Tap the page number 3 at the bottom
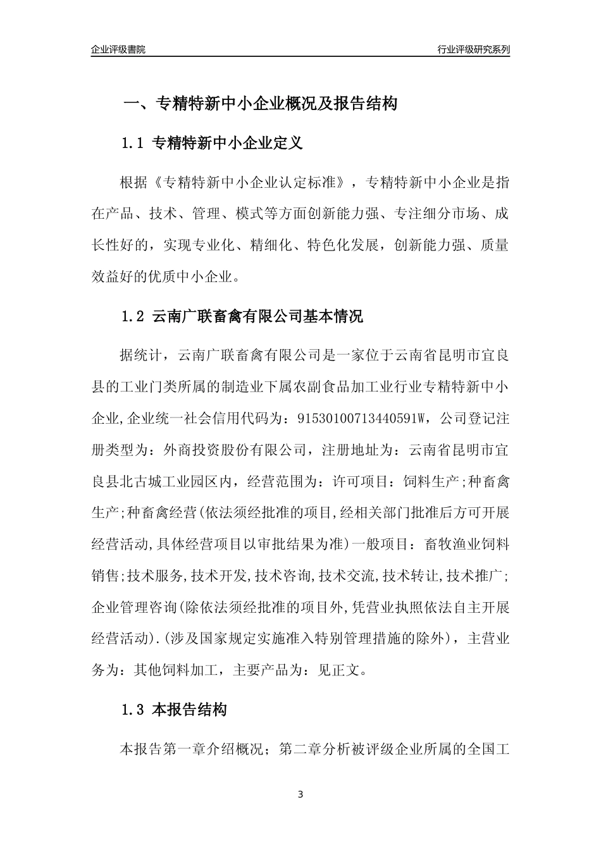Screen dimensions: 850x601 click(x=300, y=794)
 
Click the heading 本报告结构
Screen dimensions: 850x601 click(x=190, y=710)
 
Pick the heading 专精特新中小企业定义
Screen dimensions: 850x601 click(x=228, y=144)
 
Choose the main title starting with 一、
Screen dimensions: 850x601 click(x=259, y=104)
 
